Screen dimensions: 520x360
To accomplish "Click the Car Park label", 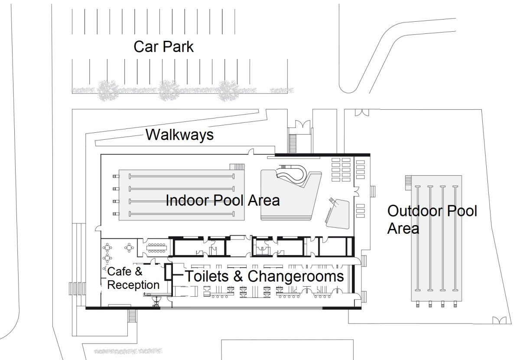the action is tap(163, 47).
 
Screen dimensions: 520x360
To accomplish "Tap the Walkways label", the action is tap(179, 134).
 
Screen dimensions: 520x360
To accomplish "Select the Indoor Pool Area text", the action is tap(223, 200).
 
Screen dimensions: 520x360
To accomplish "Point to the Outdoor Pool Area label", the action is tap(432, 219).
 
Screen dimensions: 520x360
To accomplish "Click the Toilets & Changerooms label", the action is tap(265, 276).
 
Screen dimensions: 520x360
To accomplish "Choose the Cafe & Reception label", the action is tap(133, 278).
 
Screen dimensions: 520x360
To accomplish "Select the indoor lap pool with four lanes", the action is tap(182, 195).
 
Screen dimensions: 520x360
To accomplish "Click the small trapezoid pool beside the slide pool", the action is tap(338, 214).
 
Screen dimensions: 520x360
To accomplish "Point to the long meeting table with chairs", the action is tap(156, 248).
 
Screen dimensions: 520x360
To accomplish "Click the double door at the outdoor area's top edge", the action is tap(362, 112).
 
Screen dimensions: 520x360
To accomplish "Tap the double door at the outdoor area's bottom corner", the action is tap(499, 320).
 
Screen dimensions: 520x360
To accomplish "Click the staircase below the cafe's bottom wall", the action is tap(132, 316).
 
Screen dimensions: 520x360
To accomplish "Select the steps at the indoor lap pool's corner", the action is tap(237, 167).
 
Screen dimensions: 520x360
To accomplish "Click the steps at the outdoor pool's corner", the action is tap(408, 183).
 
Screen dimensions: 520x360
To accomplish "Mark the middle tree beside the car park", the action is tap(168, 90).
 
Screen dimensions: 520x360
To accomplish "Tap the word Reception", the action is tap(133, 285).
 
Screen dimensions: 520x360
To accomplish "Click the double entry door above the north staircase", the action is tap(302, 124).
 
